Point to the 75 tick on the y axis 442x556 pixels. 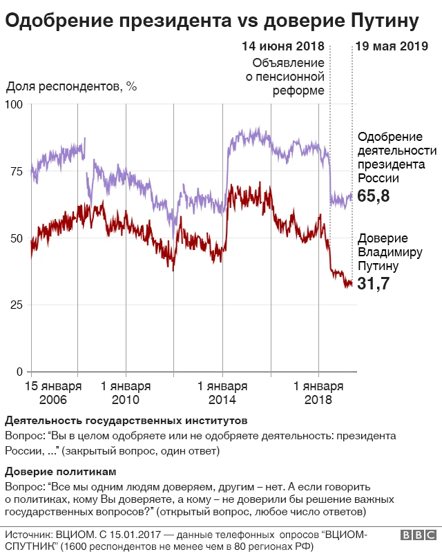pyautogui.click(x=17, y=171)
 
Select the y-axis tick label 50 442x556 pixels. pyautogui.click(x=17, y=238)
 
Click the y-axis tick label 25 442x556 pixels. pyautogui.click(x=17, y=305)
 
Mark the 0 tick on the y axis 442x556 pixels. pyautogui.click(x=20, y=372)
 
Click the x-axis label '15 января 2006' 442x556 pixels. pyautogui.click(x=53, y=393)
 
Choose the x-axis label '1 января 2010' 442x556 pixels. pyautogui.click(x=125, y=393)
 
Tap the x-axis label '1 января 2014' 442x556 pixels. pyautogui.click(x=222, y=393)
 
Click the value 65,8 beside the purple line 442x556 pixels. pyautogui.click(x=374, y=197)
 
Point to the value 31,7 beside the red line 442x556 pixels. pyautogui.click(x=374, y=283)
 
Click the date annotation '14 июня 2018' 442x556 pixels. pyautogui.click(x=282, y=48)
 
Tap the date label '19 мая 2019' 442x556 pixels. pyautogui.click(x=391, y=48)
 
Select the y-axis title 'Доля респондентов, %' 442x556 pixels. pyautogui.click(x=72, y=88)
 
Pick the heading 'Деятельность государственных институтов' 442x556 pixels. pyautogui.click(x=126, y=421)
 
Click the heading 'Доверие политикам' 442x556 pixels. pyautogui.click(x=66, y=472)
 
